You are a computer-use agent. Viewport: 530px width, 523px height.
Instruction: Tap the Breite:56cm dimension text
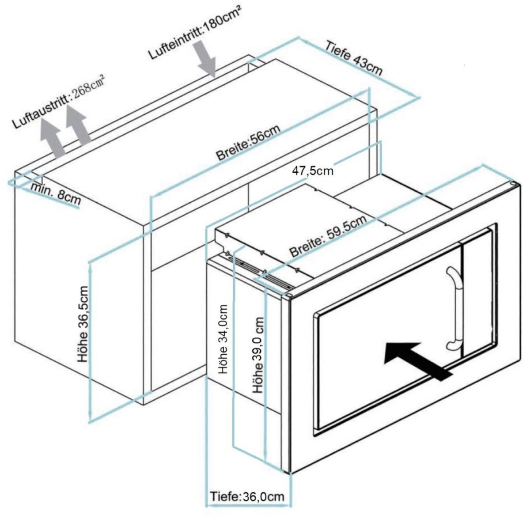click(x=248, y=143)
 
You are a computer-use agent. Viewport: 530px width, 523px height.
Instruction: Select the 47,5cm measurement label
click(x=313, y=171)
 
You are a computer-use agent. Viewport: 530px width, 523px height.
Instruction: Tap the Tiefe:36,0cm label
click(x=247, y=496)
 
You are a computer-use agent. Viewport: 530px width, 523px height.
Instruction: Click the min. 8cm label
click(x=56, y=193)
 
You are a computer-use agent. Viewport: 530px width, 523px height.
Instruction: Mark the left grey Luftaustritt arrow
click(x=52, y=137)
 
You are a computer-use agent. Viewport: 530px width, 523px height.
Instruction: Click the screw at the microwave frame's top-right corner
click(x=512, y=184)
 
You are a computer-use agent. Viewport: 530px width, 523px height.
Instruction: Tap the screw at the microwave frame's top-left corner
click(x=288, y=296)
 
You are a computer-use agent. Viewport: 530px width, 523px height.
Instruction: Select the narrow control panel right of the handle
click(x=477, y=292)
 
